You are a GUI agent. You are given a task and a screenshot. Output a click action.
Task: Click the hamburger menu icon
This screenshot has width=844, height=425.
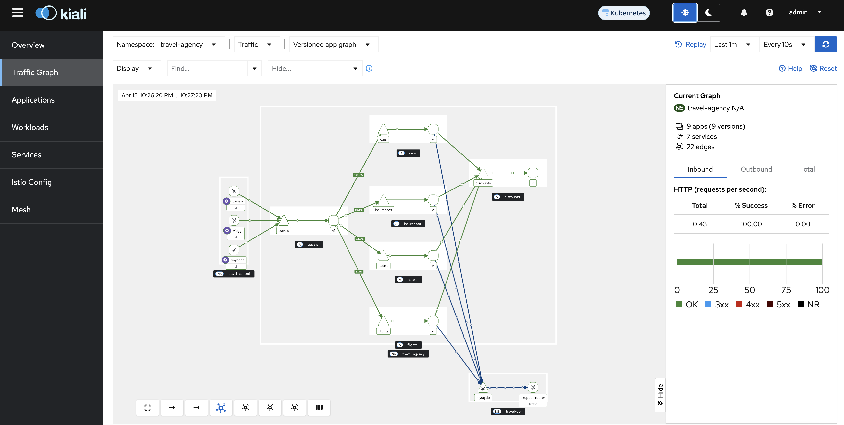[x=18, y=13]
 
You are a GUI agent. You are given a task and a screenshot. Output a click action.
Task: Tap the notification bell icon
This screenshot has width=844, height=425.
[x=744, y=12]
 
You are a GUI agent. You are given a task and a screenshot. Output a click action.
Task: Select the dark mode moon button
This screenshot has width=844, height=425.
[x=709, y=12]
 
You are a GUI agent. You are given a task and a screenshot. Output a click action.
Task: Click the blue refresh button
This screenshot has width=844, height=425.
[x=826, y=44]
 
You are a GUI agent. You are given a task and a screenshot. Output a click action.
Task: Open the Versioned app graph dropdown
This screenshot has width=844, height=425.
[x=333, y=44]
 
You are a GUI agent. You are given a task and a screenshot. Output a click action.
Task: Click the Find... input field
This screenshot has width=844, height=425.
[x=207, y=68]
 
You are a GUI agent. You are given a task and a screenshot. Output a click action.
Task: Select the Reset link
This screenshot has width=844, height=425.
[x=823, y=68]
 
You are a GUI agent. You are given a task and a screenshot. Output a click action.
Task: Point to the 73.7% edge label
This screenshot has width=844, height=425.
[x=360, y=239]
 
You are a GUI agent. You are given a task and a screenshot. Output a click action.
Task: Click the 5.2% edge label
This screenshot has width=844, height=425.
[x=359, y=272]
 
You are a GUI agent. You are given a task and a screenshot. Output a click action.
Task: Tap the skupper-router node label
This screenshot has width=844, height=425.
[x=533, y=398]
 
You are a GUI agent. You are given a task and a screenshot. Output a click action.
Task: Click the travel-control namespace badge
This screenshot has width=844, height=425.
[x=234, y=274]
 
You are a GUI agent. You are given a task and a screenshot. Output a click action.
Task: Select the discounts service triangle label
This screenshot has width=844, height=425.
[x=483, y=183]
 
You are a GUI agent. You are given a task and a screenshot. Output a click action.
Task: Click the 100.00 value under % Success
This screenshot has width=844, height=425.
[x=751, y=224]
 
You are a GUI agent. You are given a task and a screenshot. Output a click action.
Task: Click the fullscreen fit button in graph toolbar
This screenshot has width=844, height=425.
[x=148, y=407]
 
